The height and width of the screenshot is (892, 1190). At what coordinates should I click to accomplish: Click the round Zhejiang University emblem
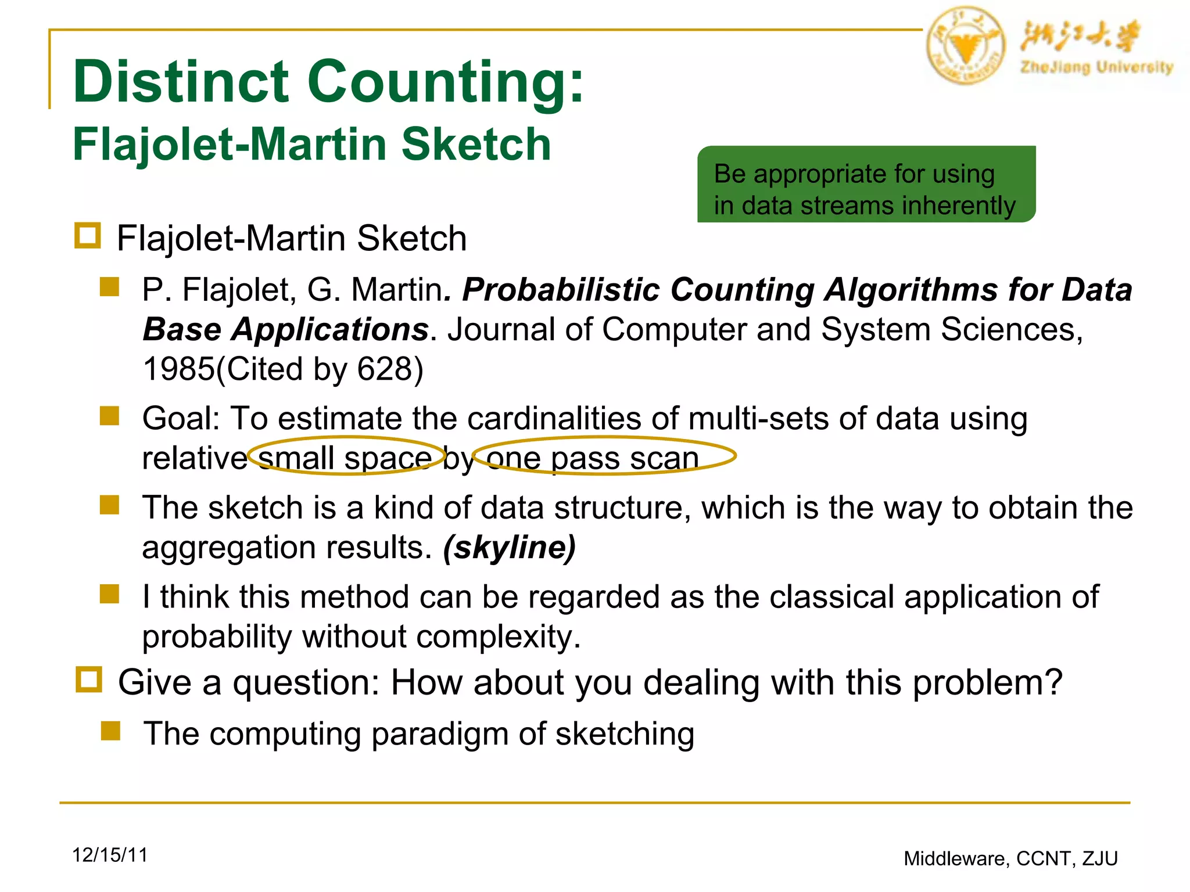coord(965,45)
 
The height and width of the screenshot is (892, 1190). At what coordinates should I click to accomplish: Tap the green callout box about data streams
coord(866,184)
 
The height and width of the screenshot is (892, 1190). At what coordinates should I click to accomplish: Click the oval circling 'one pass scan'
coord(604,456)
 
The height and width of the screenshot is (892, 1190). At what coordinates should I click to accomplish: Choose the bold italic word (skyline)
coord(509,548)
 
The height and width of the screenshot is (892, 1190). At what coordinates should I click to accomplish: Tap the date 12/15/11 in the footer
coord(110,855)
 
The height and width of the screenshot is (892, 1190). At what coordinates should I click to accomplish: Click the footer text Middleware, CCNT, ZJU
coord(1010,858)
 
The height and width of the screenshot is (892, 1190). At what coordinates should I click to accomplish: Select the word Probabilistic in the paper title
coord(560,290)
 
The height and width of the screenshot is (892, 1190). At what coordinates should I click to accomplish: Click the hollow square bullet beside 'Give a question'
coord(89,679)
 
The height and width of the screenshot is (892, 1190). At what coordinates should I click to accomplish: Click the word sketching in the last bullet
coord(625,734)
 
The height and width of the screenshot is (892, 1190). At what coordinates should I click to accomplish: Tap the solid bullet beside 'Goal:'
coord(109,416)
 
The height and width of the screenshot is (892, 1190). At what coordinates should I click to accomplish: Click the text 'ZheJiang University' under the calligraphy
coord(1096,67)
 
